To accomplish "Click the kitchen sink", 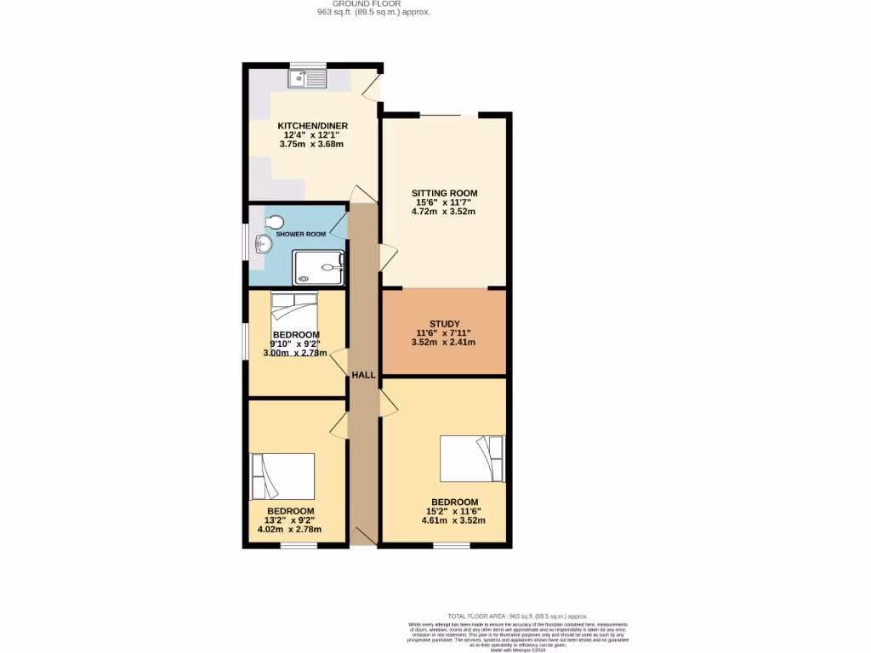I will tap(308, 79).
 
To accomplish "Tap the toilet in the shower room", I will tap(273, 223).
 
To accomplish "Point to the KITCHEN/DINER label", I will tap(312, 126).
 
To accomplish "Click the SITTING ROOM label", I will tap(444, 193).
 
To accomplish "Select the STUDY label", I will tap(444, 324).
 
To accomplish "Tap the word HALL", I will tap(363, 375).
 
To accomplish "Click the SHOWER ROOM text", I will tap(305, 234).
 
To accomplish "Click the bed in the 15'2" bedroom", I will tap(472, 458).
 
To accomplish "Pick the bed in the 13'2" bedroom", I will tap(283, 477).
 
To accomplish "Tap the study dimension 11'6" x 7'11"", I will tap(444, 333).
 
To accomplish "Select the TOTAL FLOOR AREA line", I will tap(518, 616).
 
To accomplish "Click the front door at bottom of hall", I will tap(364, 536).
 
